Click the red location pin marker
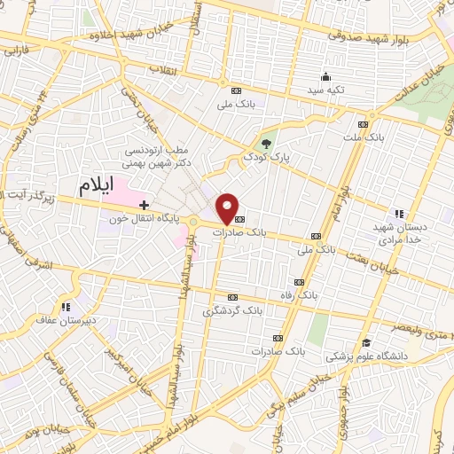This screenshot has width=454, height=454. [x=229, y=208]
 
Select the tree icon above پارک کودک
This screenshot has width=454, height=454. [x=265, y=143]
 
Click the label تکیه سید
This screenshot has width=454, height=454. [x=326, y=90]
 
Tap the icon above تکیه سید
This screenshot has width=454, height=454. [x=327, y=76]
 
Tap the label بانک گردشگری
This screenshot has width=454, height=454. [x=232, y=310]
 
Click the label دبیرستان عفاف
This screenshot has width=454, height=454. [x=60, y=317]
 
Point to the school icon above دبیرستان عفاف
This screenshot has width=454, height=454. [x=61, y=304]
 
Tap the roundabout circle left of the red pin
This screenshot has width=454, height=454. [x=193, y=222]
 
